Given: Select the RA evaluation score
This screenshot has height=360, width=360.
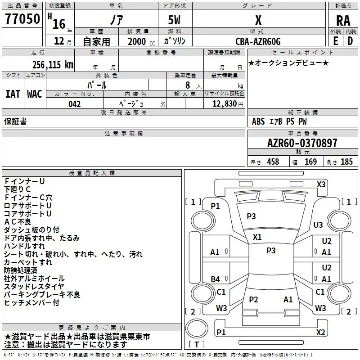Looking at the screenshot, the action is pos(343,20).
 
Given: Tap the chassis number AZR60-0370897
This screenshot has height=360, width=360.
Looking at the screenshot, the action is pos(302,144).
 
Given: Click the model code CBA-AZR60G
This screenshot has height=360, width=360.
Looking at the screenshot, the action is pos(258,41).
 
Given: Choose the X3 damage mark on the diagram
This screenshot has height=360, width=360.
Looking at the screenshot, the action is pos(321,184).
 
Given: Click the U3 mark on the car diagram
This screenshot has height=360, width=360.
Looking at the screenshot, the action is pos(318,225).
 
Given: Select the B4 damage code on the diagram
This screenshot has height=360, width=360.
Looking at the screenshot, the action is pos(216,279).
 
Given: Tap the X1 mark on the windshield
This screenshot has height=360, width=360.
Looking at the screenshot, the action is pos(257,237).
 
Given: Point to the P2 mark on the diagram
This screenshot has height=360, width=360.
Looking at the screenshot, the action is pos(253,299).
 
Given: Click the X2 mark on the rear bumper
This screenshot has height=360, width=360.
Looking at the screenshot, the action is pos(320,332).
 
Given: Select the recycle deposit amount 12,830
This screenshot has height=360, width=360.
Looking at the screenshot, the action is pos(223,104).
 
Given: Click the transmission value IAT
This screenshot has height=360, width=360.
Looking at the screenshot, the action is pos(13,94).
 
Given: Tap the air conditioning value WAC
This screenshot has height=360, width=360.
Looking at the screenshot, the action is pos(35,94).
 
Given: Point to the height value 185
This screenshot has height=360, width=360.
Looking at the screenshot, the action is pos(346,162).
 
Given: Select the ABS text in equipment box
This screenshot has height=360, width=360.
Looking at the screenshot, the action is pos(258,121).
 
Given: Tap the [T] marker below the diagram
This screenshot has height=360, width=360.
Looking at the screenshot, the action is pos(196,345).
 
